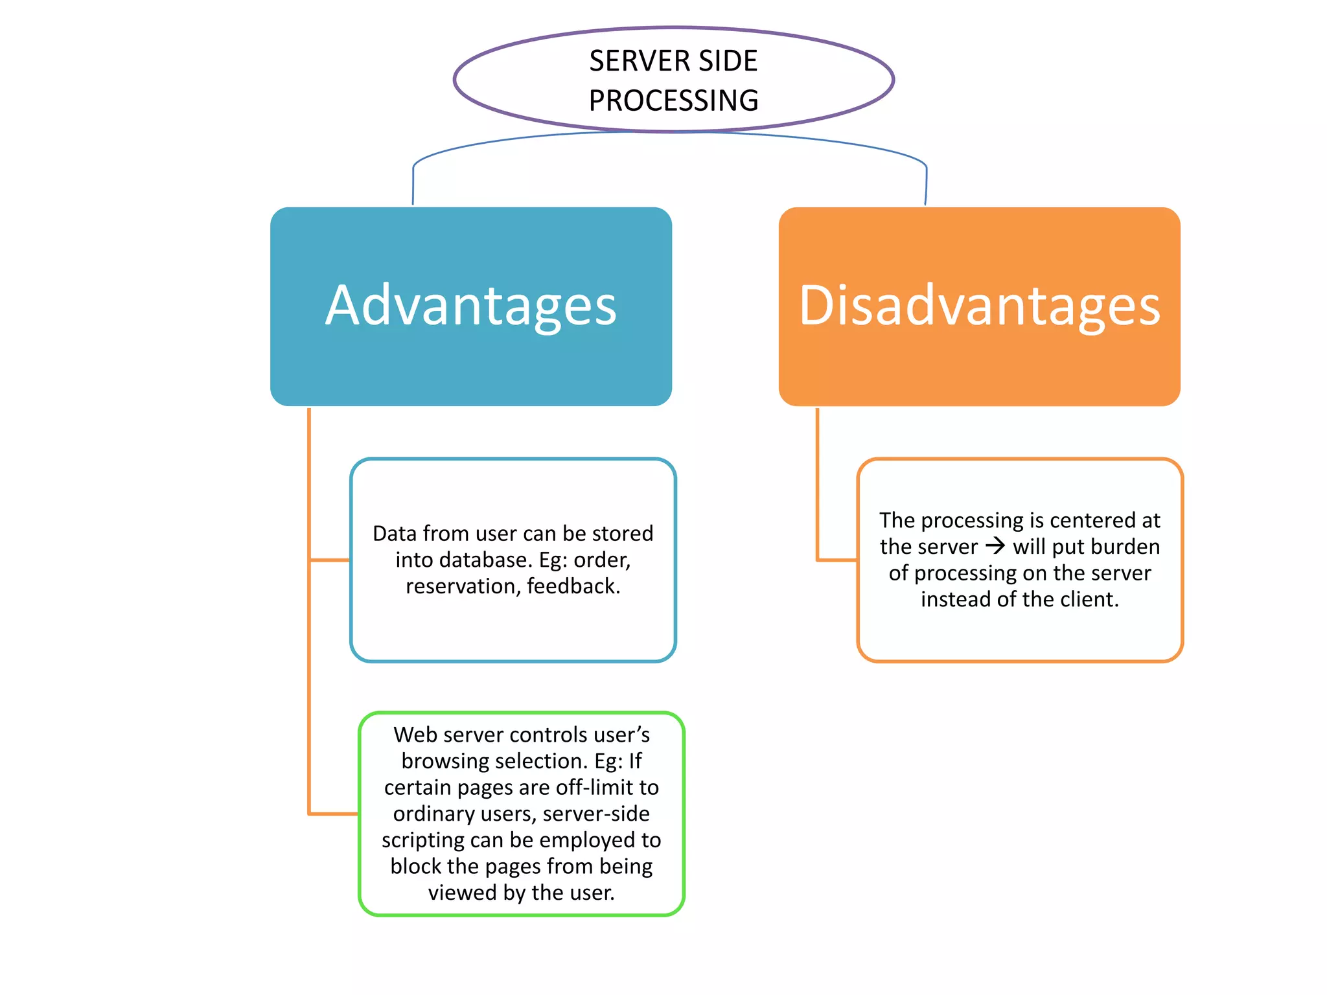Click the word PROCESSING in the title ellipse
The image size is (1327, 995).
pyautogui.click(x=673, y=100)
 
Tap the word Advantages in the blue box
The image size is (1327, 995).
pyautogui.click(x=471, y=306)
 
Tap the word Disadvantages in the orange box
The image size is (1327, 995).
pyautogui.click(x=979, y=306)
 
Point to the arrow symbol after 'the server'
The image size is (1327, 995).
pyautogui.click(x=995, y=546)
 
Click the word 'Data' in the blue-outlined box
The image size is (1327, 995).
pyautogui.click(x=394, y=533)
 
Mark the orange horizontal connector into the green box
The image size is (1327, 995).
pyautogui.click(x=334, y=814)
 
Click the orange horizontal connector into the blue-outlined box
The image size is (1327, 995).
pyautogui.click(x=330, y=560)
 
